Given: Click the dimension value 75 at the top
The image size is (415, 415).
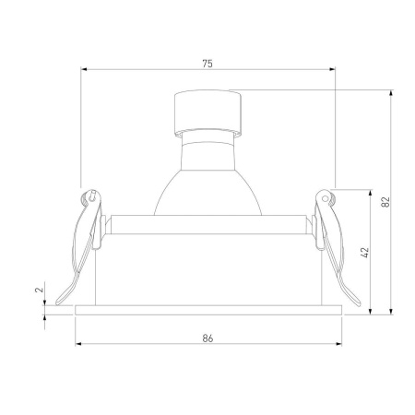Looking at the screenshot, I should tap(207, 64).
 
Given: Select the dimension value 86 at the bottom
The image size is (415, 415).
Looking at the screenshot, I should tap(207, 339).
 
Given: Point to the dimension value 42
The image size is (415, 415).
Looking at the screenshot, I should tap(365, 250).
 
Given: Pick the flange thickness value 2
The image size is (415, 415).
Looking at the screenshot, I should tap(39, 290).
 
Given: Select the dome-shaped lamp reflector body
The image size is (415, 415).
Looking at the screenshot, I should tap(207, 180).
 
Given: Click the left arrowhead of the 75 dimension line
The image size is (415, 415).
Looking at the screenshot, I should tap(84, 69).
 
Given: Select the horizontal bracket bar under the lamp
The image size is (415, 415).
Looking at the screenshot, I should tap(207, 224).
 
